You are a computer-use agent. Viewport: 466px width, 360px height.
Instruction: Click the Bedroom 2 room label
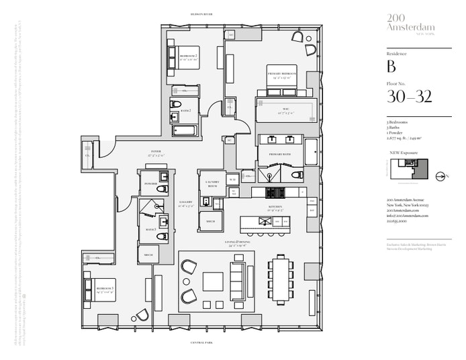(187, 55)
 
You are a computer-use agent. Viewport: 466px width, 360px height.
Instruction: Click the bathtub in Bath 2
(184, 129)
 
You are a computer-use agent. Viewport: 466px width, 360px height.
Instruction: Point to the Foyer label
(156, 153)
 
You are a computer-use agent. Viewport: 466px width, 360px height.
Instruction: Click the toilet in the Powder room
(161, 190)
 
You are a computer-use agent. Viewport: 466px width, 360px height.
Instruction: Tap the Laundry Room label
(212, 183)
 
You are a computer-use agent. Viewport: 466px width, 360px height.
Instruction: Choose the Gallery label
(186, 204)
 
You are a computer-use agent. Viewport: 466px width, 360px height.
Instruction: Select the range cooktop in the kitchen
(275, 192)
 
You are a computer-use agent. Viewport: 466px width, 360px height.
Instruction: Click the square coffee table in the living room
(214, 281)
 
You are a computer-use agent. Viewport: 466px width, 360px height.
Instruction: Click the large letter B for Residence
(391, 66)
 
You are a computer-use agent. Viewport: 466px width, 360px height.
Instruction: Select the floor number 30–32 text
(409, 97)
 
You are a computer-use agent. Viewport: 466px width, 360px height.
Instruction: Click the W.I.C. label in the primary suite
(285, 109)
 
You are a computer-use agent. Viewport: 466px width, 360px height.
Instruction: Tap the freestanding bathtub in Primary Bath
(312, 152)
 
